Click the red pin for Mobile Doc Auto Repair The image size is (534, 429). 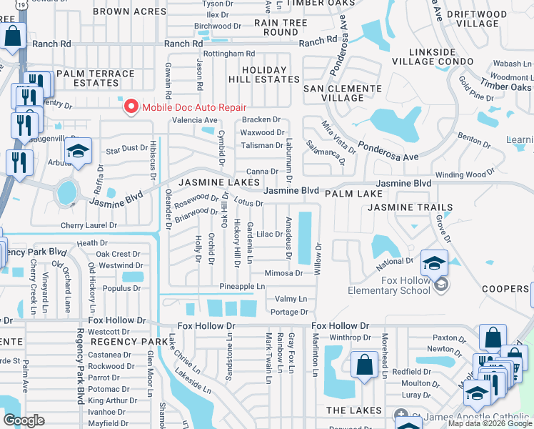[x=131, y=107]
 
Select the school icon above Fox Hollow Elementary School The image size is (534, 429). [x=434, y=262]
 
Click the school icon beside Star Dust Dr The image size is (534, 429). [x=79, y=151]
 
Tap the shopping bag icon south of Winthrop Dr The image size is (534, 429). [x=364, y=363]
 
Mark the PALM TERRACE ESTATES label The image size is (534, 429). [x=95, y=78]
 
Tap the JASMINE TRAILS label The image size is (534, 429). [x=410, y=207]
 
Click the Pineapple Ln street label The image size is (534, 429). [x=242, y=286]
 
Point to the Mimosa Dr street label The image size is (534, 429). [x=283, y=272]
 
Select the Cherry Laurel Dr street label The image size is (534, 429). [x=89, y=225]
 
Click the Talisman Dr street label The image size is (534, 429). [x=262, y=145]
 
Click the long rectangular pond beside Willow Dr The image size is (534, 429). [x=306, y=237]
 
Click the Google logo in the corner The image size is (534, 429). [x=24, y=420]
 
